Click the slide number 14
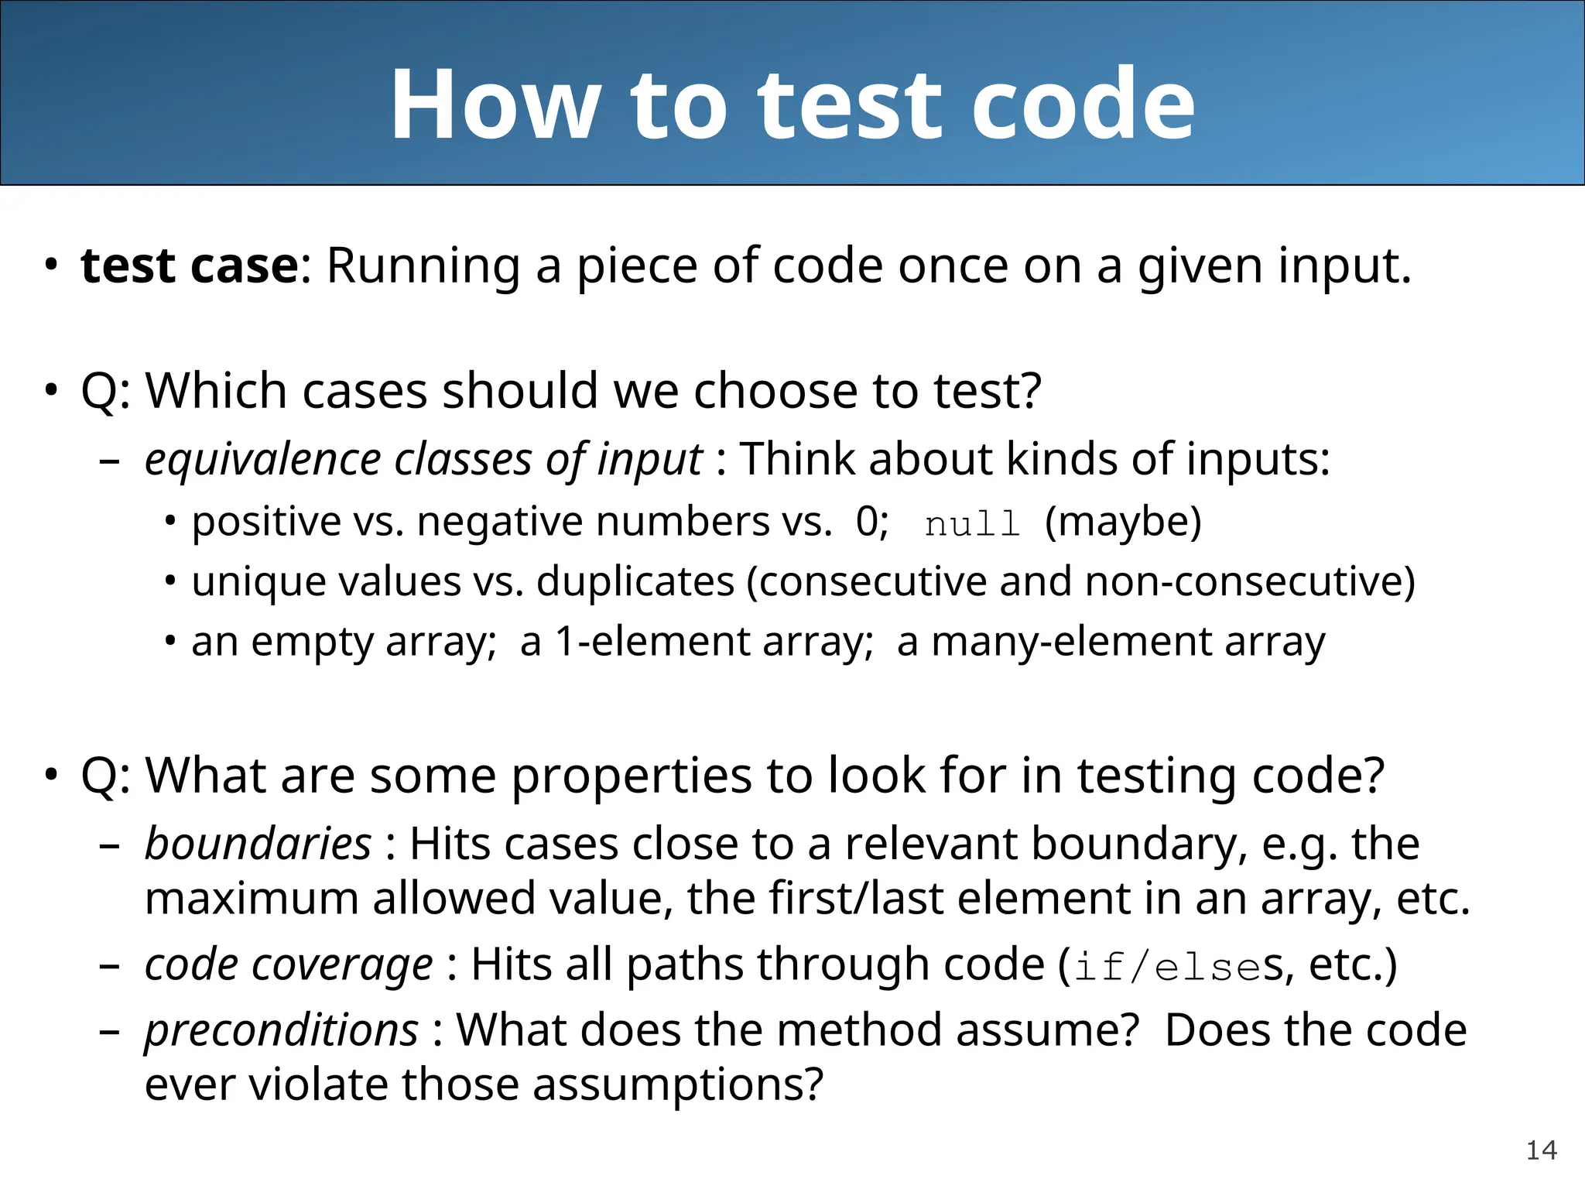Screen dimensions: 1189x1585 (x=1541, y=1150)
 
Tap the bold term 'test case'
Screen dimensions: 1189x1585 (x=190, y=266)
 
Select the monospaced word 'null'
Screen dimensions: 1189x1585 (x=972, y=524)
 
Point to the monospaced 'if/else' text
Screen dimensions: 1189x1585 (x=1168, y=968)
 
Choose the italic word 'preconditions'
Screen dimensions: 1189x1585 (x=282, y=1030)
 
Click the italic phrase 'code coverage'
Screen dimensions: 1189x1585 (x=289, y=965)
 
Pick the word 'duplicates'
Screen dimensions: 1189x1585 (x=635, y=581)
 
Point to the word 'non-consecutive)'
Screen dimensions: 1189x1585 (x=1249, y=581)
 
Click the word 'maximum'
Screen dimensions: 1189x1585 (x=252, y=899)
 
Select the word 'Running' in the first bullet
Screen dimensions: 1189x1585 (x=423, y=266)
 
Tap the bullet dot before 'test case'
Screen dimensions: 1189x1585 (x=51, y=265)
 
